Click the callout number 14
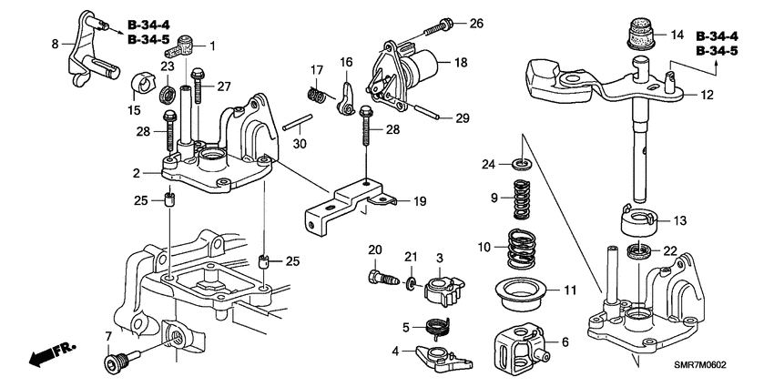tap(676, 35)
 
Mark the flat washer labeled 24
tap(521, 165)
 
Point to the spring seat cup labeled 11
tap(521, 292)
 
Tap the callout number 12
tap(706, 95)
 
